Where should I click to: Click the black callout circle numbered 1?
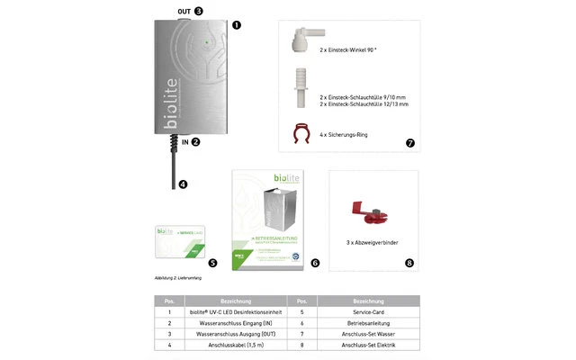click(x=236, y=26)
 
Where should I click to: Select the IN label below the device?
click(x=185, y=142)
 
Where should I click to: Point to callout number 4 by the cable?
click(x=183, y=184)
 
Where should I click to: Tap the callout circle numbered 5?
click(x=212, y=263)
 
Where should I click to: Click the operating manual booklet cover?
click(x=267, y=220)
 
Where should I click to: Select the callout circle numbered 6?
click(x=314, y=263)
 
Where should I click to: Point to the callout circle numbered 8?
click(x=409, y=263)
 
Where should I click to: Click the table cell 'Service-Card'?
click(x=369, y=310)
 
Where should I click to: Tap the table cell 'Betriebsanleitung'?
click(x=369, y=321)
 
